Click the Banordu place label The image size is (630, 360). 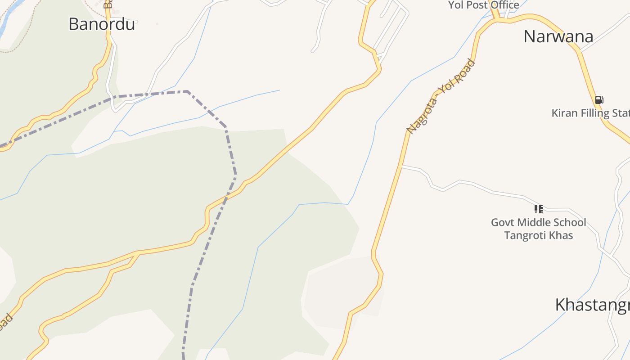(101, 24)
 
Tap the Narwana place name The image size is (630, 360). (558, 36)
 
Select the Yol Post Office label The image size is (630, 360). (483, 5)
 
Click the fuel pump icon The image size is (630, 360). (599, 100)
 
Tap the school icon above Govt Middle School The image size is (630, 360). (538, 209)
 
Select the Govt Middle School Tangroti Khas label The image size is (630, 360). (538, 229)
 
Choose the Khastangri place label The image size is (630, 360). (592, 305)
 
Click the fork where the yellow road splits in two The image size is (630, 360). (137, 253)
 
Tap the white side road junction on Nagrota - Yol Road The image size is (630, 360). (401, 166)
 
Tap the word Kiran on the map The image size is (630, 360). (564, 113)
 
